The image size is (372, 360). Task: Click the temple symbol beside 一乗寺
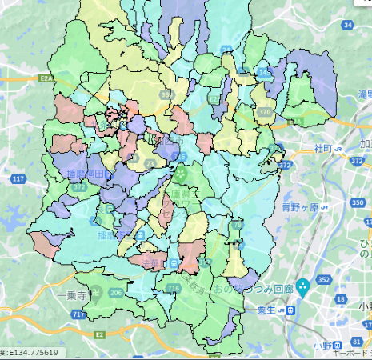[x=96, y=292]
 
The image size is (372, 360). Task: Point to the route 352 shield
[x=323, y=280]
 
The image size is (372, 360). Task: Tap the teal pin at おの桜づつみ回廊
[x=302, y=286]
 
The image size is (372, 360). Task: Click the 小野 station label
[x=323, y=345]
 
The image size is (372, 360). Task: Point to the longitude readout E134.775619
[x=32, y=352]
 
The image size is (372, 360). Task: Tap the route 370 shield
[x=265, y=113]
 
